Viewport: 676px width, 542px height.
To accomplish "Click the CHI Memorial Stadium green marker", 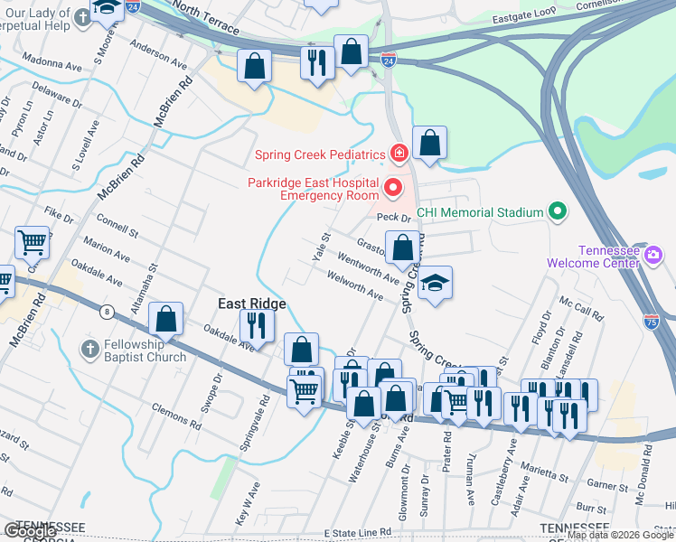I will pyautogui.click(x=558, y=213).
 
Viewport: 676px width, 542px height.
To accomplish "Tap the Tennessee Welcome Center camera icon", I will pyautogui.click(x=653, y=257).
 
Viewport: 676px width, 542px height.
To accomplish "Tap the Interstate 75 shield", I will pyautogui.click(x=652, y=320).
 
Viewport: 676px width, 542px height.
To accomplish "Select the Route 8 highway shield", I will pyautogui.click(x=107, y=312).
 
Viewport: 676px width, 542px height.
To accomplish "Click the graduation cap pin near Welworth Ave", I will pyautogui.click(x=435, y=283).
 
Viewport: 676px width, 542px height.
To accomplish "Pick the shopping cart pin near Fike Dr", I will pyautogui.click(x=32, y=241).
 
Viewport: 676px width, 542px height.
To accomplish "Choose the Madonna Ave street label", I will pyautogui.click(x=56, y=65).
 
